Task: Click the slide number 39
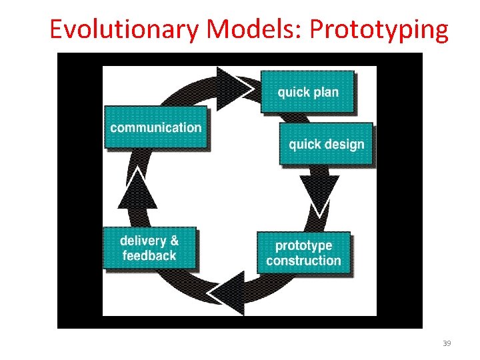coord(447,343)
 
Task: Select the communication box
coord(155,127)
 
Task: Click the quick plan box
coord(307,92)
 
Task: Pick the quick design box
coord(326,144)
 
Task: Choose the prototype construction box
coord(303,253)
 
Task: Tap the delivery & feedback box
coord(149,248)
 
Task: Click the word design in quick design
coord(345,145)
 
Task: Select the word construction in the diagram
coord(303,261)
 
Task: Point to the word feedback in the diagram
coord(149,256)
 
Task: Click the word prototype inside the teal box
coord(303,245)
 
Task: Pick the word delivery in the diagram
coord(141,241)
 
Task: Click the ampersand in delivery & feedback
coord(173,241)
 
